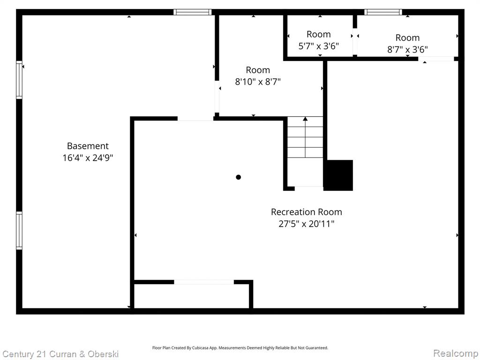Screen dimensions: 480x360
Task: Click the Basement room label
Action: pos(88,146)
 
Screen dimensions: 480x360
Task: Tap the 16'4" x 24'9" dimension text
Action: pos(88,157)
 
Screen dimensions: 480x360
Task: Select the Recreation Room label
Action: pos(307,212)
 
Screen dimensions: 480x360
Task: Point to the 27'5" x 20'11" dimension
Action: pos(307,224)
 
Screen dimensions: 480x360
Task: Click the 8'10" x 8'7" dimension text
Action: pos(258,82)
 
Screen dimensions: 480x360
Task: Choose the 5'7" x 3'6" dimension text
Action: pos(319,46)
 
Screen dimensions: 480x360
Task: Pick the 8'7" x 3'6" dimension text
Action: pos(407,49)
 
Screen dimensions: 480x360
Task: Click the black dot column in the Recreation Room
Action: pos(239,177)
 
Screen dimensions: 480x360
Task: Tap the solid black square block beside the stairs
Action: pos(338,175)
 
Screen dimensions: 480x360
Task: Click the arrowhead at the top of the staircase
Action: pos(305,119)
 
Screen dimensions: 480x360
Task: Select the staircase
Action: pos(305,151)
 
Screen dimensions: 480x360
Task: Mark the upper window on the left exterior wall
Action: pos(19,80)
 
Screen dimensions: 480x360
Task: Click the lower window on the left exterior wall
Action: pos(19,231)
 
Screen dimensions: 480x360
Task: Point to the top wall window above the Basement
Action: pos(193,12)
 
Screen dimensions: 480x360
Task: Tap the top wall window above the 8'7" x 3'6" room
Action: pos(383,12)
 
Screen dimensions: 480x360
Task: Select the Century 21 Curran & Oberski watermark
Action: pos(60,354)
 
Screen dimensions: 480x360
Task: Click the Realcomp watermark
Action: pos(456,353)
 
